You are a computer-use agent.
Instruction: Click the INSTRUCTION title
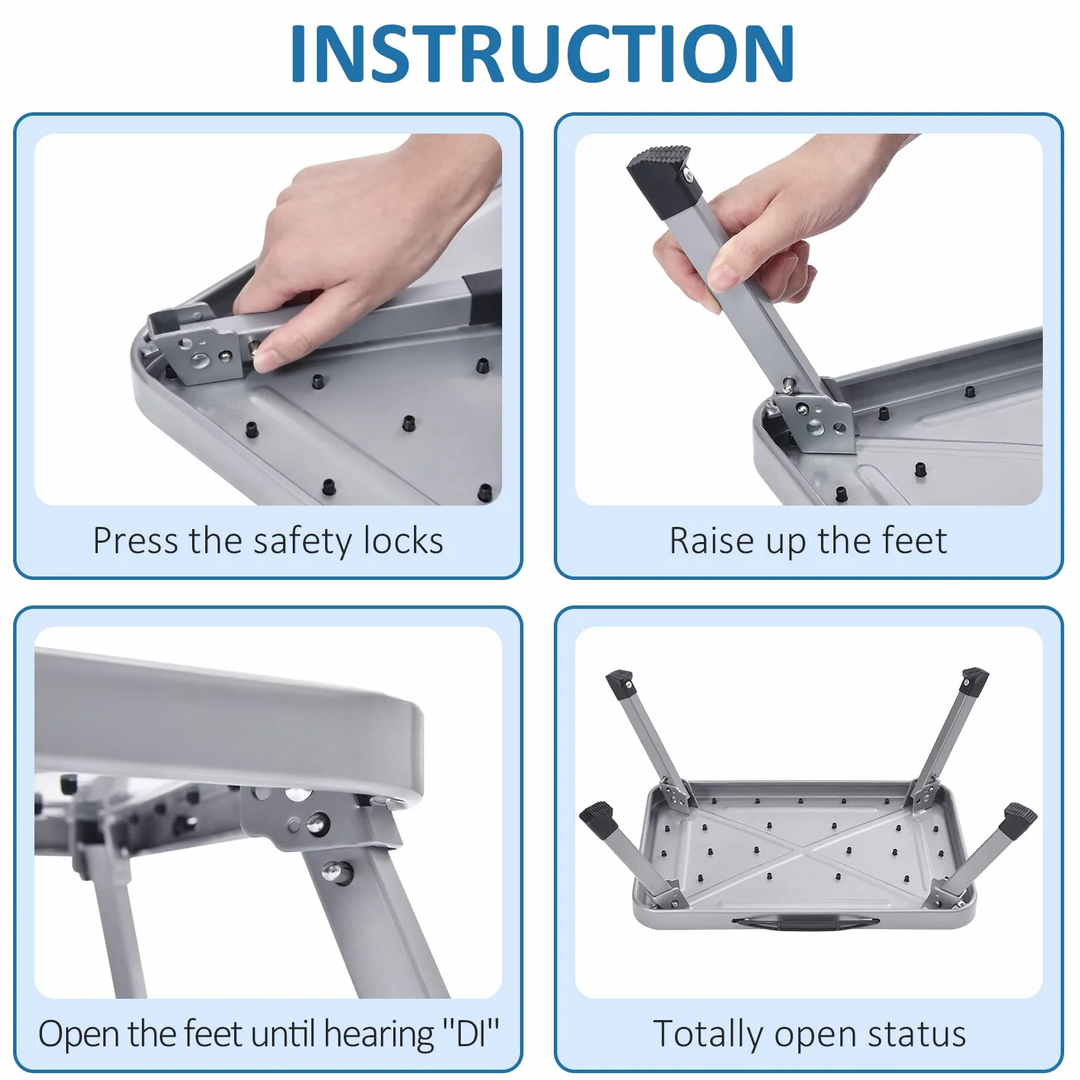point(543,54)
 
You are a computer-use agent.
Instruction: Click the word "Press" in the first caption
point(136,541)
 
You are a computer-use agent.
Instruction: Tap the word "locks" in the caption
point(404,541)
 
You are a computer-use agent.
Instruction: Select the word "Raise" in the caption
point(713,541)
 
